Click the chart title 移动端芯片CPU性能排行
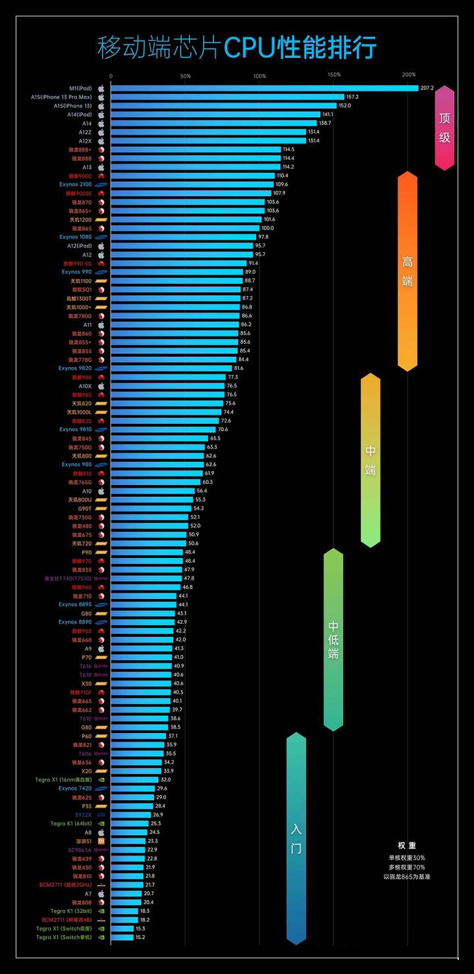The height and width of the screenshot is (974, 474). [x=237, y=48]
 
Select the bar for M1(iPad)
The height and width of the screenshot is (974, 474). [x=263, y=88]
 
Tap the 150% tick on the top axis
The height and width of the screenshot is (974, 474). [x=334, y=75]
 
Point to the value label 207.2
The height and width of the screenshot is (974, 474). [x=427, y=88]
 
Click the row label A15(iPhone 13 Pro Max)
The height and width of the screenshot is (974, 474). [x=61, y=97]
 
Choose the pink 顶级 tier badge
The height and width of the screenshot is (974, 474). [x=445, y=128]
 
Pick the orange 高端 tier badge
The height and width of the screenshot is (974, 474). [x=408, y=271]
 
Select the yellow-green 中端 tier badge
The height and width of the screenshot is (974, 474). [x=371, y=460]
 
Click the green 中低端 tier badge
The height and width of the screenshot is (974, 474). [x=334, y=639]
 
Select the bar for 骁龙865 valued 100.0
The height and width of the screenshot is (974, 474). [x=184, y=228]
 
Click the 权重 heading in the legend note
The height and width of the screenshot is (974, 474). [x=407, y=846]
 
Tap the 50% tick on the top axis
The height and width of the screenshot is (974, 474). [x=185, y=75]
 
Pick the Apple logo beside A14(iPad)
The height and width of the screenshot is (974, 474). [x=101, y=115]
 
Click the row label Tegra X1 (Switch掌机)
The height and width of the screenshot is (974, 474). [x=64, y=937]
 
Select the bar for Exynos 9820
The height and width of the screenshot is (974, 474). [x=171, y=369]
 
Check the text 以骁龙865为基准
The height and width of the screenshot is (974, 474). [x=407, y=877]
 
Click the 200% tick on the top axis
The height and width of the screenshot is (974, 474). [x=408, y=75]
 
